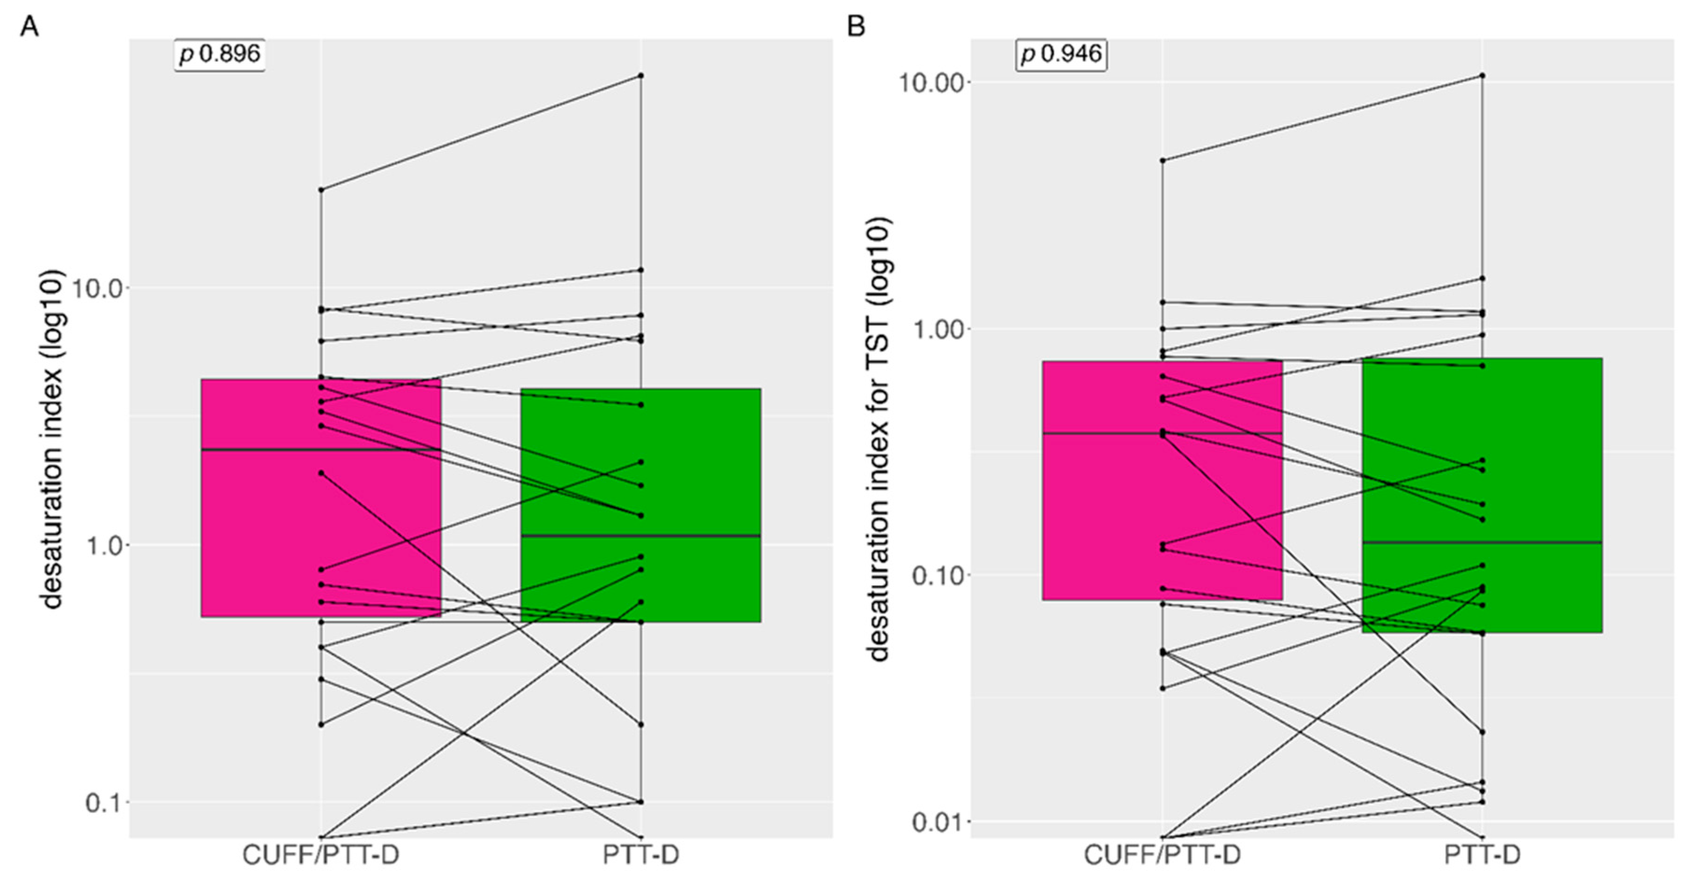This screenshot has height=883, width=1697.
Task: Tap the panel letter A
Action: click(29, 27)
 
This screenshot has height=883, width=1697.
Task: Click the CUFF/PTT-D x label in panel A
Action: click(321, 855)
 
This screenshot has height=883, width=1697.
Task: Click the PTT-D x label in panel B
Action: click(1482, 855)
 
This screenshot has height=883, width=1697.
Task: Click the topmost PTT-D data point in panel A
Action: click(641, 76)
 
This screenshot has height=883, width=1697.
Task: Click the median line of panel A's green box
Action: click(640, 536)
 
